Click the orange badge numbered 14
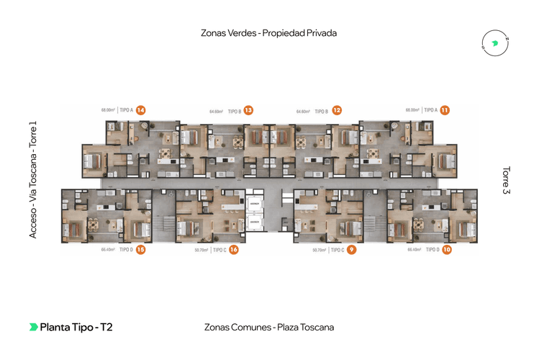pyautogui.click(x=141, y=110)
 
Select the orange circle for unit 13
pyautogui.click(x=248, y=110)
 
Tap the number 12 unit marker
pyautogui.click(x=336, y=110)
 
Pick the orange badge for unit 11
pyautogui.click(x=445, y=110)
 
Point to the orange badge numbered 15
pyautogui.click(x=141, y=250)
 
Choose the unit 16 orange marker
pyautogui.click(x=234, y=250)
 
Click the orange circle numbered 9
pyautogui.click(x=351, y=250)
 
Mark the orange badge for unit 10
pyautogui.click(x=447, y=250)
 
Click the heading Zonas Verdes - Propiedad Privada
pyautogui.click(x=269, y=33)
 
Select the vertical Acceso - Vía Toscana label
pyautogui.click(x=33, y=179)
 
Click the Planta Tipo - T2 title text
pyautogui.click(x=76, y=327)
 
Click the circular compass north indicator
pyautogui.click(x=494, y=43)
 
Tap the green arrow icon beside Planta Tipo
pyautogui.click(x=33, y=327)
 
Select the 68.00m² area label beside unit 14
pyautogui.click(x=109, y=110)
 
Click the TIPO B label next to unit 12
pyautogui.click(x=321, y=111)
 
